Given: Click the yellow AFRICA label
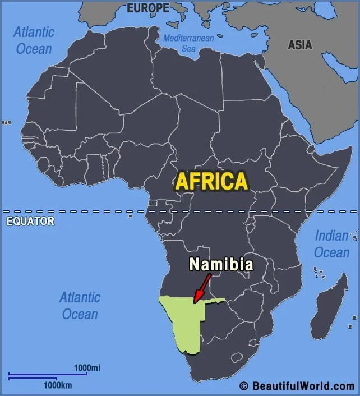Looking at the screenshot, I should (211, 181).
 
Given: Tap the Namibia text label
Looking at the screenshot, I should (221, 264).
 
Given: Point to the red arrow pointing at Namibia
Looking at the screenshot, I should (201, 289).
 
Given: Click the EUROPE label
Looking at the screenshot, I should (148, 8).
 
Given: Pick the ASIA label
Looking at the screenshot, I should (300, 45).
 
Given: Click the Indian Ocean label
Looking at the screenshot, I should (331, 244).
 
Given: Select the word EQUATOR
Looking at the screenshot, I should (30, 222).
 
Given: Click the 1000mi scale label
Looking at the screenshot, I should (87, 368).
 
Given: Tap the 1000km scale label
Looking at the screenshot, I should (58, 385).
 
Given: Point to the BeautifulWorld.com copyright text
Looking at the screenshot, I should (297, 386).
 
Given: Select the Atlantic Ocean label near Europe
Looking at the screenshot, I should (34, 40).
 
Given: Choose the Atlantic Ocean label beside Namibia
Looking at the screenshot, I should (80, 305).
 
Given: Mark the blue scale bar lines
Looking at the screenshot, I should (47, 376).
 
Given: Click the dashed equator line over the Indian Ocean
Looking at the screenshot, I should (336, 211).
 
